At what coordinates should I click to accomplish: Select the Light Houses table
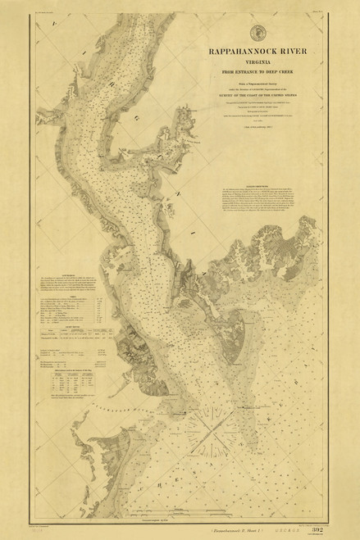[71, 325]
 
